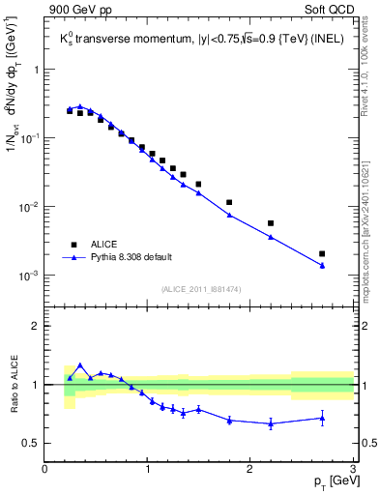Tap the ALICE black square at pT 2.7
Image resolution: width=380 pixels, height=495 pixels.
click(322, 253)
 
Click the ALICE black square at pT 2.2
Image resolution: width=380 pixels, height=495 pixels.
click(271, 223)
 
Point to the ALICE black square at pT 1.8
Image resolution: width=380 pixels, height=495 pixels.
click(229, 202)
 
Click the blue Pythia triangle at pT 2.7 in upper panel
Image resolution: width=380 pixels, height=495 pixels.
click(322, 265)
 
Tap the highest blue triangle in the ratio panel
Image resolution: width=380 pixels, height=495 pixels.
click(80, 365)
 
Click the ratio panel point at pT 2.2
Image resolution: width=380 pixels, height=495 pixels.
click(271, 422)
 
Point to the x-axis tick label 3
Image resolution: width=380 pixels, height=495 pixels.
click(352, 469)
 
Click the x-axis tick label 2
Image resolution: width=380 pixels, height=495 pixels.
click(249, 469)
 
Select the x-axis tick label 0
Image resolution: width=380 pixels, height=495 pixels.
click(45, 469)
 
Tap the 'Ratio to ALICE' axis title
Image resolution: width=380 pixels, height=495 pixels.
click(14, 384)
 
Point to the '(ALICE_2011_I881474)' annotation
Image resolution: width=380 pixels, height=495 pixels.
click(199, 288)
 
